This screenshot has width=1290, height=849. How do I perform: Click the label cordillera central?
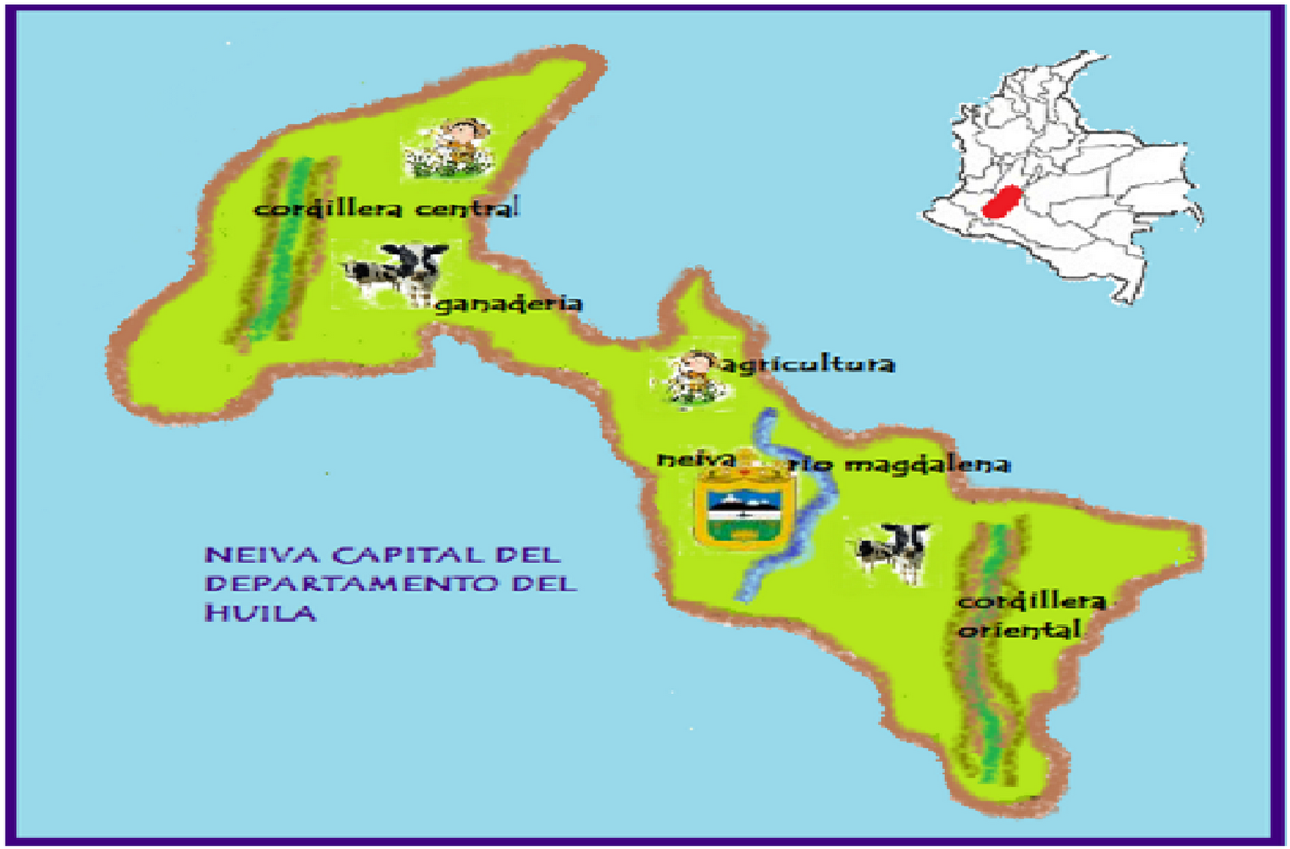click(x=387, y=208)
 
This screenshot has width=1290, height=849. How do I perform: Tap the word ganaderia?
click(x=508, y=304)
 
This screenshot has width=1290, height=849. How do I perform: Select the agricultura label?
click(x=807, y=364)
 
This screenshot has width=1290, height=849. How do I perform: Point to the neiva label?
click(x=696, y=460)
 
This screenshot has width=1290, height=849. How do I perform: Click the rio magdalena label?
click(x=899, y=464)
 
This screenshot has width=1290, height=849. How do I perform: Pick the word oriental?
click(x=1019, y=629)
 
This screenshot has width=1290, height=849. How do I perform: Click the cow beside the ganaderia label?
click(x=396, y=271)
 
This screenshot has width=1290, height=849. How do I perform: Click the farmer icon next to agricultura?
click(x=693, y=377)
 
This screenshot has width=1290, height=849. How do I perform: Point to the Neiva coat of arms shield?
click(x=743, y=508)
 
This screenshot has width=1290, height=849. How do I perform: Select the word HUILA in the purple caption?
click(x=260, y=613)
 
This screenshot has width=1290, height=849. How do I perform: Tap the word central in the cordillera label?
click(x=468, y=208)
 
